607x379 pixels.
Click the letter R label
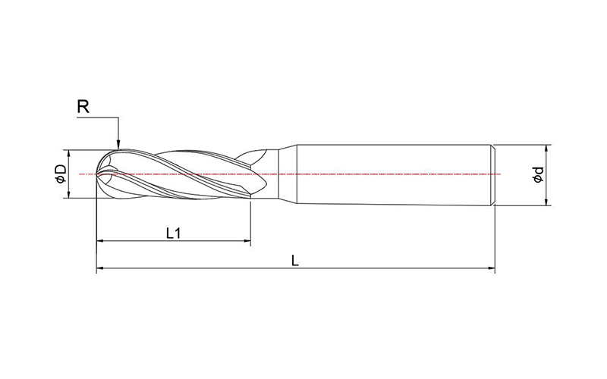coord(84,107)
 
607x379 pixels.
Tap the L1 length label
coord(173,233)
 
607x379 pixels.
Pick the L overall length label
coord(295,259)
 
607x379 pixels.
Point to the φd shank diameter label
coord(537,174)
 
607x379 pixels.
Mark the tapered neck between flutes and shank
coord(281,174)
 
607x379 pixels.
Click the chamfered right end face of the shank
coord(494,174)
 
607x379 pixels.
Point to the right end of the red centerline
coord(499,174)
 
